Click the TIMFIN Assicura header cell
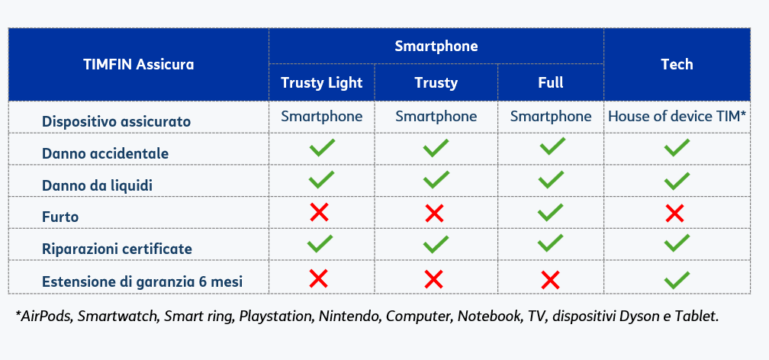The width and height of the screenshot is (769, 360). point(139,64)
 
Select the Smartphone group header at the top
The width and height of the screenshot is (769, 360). point(436,46)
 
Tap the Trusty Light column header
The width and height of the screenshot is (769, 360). point(322,82)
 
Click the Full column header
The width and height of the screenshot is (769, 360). point(551,82)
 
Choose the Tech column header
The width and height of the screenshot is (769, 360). point(677,64)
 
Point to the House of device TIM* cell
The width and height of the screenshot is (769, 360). point(677,117)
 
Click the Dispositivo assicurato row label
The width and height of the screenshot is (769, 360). point(116,121)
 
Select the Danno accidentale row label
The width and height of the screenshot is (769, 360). point(105,153)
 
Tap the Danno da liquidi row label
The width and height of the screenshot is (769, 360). point(97,185)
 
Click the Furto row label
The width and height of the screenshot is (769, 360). point(60,217)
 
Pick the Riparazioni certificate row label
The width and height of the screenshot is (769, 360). point(117,249)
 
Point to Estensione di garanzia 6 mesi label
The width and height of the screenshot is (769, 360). point(142,282)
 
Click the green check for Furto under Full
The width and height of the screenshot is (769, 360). point(550,212)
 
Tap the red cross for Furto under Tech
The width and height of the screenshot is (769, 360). point(675,214)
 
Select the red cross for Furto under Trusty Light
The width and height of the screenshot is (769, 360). point(319,212)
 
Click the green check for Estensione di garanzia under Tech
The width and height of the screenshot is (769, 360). point(677,280)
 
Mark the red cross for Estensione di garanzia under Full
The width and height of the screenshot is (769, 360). point(550,281)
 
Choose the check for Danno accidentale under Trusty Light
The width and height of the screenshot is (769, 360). point(322,148)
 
